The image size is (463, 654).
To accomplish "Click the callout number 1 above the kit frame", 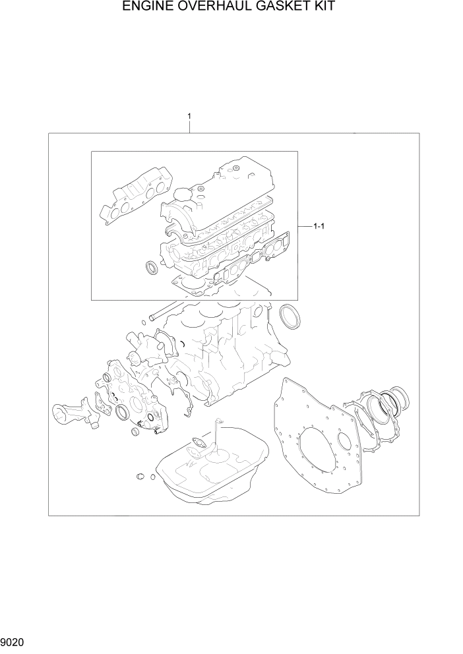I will click(x=189, y=117).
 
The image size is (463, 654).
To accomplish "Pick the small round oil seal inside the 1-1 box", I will click(x=152, y=268).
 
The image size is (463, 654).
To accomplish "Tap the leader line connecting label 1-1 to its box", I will click(x=304, y=227).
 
